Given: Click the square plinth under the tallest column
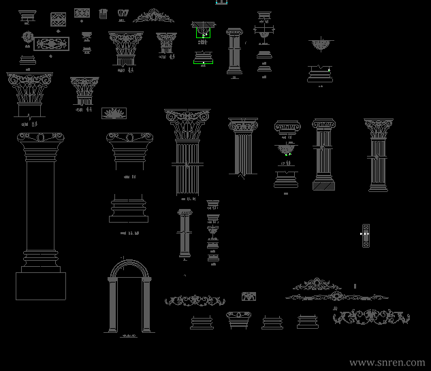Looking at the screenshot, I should (41, 285).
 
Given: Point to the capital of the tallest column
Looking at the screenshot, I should (41, 143).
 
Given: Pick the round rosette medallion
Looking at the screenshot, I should (27, 37).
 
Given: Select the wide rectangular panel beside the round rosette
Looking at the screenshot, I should (52, 44).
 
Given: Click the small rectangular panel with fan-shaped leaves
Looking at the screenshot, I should (113, 113).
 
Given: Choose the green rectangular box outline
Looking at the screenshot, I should (203, 32).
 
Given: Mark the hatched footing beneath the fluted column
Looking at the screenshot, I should (323, 184).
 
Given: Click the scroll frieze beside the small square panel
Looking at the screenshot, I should (194, 300).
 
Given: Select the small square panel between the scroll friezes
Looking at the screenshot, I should (249, 297).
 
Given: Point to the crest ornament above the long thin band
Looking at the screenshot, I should (317, 284).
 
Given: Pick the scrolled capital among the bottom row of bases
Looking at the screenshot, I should (238, 320).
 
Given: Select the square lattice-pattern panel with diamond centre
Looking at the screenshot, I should (58, 20).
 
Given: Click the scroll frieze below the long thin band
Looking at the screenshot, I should (371, 317).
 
